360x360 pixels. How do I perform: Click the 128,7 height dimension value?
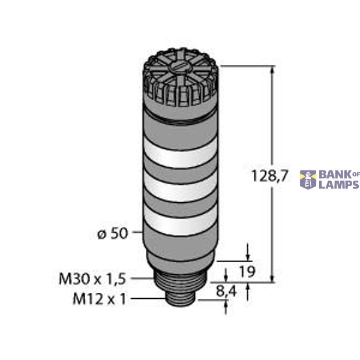coord(256,176)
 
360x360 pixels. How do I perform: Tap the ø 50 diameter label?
coord(112,233)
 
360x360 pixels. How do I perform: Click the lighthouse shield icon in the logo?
coord(308,179)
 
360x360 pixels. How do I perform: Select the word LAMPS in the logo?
coord(339,185)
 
